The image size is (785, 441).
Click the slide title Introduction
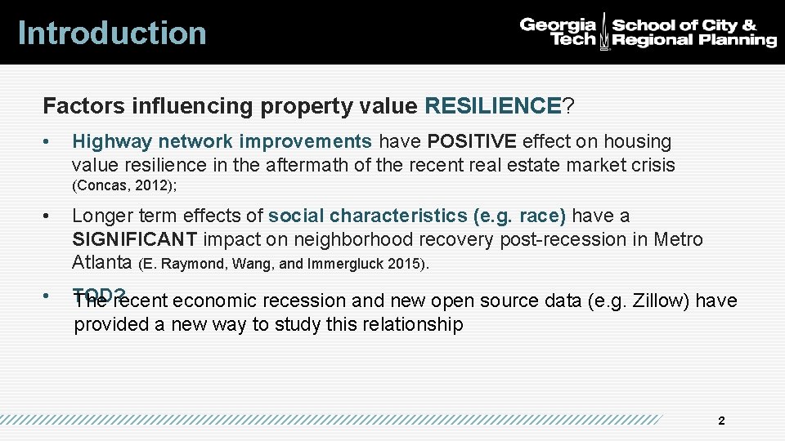[112, 33]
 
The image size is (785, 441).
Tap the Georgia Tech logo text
[558, 32]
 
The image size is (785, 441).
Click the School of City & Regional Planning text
[694, 32]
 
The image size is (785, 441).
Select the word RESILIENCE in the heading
[492, 106]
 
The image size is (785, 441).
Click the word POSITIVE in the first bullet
[472, 141]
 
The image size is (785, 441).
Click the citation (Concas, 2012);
[125, 185]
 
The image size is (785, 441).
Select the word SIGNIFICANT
[135, 239]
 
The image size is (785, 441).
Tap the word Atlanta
[102, 263]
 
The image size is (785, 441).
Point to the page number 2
[720, 421]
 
